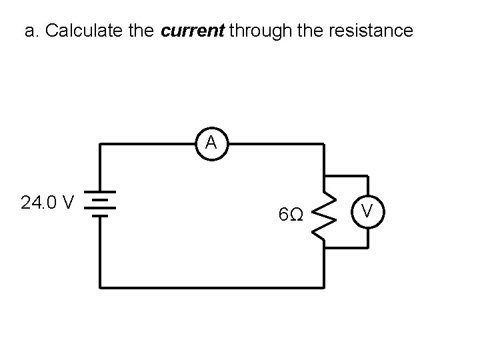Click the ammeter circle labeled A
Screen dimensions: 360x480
click(211, 143)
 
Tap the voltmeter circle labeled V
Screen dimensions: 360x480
click(367, 212)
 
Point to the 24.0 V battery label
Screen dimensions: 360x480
click(47, 202)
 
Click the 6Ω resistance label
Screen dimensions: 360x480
click(291, 215)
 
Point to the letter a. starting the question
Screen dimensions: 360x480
click(31, 31)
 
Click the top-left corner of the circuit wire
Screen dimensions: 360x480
click(101, 143)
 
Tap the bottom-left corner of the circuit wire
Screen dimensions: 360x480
click(101, 287)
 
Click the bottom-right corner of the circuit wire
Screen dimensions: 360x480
click(324, 287)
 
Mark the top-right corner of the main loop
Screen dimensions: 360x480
click(324, 143)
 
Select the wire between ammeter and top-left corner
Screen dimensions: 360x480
click(147, 143)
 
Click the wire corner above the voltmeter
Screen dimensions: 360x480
click(367, 176)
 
